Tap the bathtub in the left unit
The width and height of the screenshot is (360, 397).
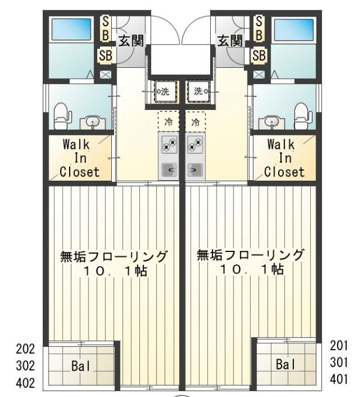71,30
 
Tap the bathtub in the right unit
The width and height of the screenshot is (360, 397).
294,30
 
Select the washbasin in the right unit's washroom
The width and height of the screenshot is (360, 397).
272,123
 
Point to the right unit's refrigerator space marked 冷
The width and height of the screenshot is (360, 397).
196,121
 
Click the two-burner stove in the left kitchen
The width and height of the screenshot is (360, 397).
169,144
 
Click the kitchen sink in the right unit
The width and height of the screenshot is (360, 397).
195,170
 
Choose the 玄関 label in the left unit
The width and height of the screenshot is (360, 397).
131,41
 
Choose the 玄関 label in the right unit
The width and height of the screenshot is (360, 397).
230,41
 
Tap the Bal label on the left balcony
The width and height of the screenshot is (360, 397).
81,366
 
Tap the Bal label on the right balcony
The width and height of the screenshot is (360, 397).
286,365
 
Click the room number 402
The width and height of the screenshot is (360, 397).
25,383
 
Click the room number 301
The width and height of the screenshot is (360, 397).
339,363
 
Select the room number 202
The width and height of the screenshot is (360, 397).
25,349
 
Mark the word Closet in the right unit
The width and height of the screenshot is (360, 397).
284,172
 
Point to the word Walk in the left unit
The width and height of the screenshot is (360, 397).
76,144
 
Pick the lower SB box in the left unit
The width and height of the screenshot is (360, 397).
105,55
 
